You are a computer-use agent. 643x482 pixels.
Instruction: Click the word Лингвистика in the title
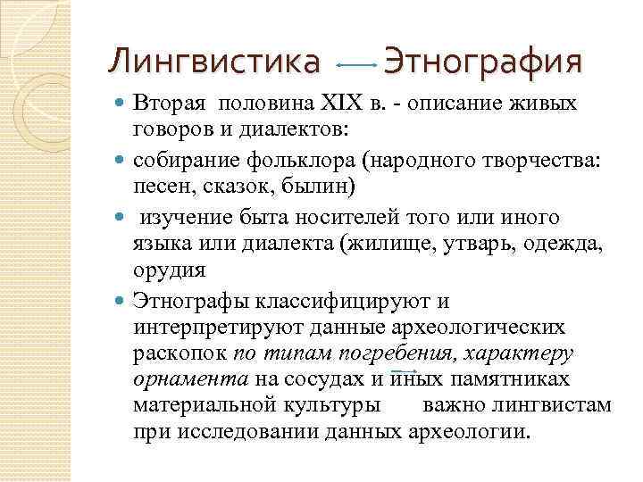(213, 62)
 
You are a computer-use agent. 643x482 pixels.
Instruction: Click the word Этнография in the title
(482, 62)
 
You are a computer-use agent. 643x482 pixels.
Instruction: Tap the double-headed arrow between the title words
(357, 65)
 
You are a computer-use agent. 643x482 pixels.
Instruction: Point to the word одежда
(551, 244)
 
